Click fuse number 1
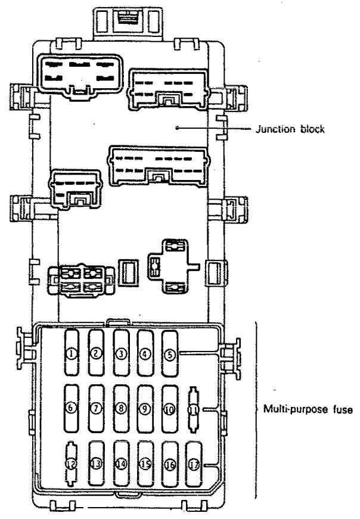pyautogui.click(x=72, y=353)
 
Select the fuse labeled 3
pyautogui.click(x=121, y=353)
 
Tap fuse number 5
pyautogui.click(x=170, y=353)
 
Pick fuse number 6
pyautogui.click(x=71, y=408)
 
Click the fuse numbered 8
pyautogui.click(x=121, y=409)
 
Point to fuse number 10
pyautogui.click(x=170, y=409)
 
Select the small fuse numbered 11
pyautogui.click(x=194, y=409)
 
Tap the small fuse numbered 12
pyautogui.click(x=72, y=464)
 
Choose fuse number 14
pyautogui.click(x=121, y=464)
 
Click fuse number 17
pyautogui.click(x=194, y=465)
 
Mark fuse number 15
pyautogui.click(x=145, y=464)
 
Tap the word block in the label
pyautogui.click(x=312, y=129)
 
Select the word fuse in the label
pyautogui.click(x=343, y=409)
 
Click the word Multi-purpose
pyautogui.click(x=296, y=410)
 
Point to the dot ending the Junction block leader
pyautogui.click(x=178, y=127)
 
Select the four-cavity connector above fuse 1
pyautogui.click(x=81, y=280)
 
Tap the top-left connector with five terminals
pyautogui.click(x=80, y=75)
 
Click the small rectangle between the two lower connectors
pyautogui.click(x=129, y=272)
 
